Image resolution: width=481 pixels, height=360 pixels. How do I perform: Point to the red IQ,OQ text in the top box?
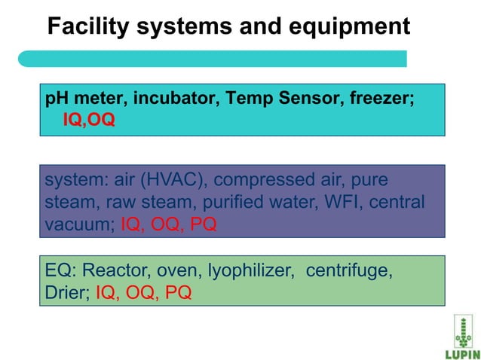click(x=88, y=121)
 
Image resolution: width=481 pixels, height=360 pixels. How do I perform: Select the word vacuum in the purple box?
click(x=79, y=224)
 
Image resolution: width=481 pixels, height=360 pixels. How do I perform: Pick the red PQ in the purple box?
click(x=201, y=224)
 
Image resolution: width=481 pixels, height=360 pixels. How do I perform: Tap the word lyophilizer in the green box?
click(x=254, y=271)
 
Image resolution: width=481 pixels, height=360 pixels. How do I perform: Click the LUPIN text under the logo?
click(x=458, y=353)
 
